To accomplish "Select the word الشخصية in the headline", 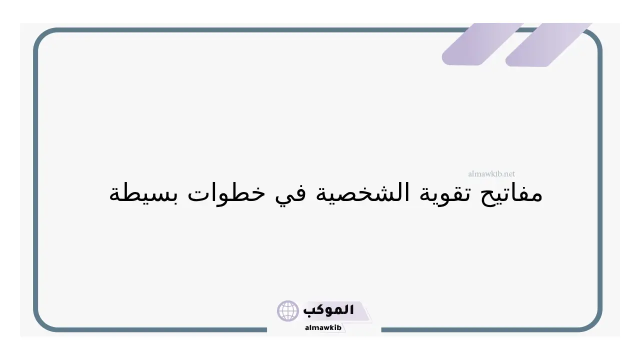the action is (362, 193).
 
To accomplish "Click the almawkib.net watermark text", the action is (491, 173).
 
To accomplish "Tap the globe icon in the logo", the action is (287, 311).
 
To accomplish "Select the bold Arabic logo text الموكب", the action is (328, 310).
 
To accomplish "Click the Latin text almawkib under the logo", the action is (323, 327).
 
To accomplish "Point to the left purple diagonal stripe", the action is (482, 44).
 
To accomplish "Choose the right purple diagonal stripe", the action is (548, 45).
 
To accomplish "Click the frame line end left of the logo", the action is (266, 329).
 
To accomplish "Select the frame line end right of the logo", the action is (382, 329).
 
